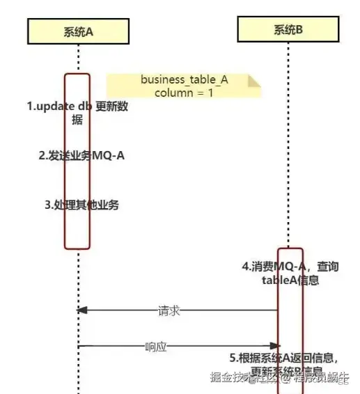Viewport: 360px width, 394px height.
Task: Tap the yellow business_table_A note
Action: (x=184, y=86)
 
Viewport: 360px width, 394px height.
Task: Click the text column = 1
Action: (x=184, y=93)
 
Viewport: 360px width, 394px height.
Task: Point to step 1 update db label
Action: (x=77, y=113)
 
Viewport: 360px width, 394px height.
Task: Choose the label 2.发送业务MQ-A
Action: (x=81, y=155)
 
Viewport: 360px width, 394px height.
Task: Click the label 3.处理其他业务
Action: (x=82, y=205)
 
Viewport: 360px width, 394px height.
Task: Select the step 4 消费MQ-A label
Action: (x=290, y=272)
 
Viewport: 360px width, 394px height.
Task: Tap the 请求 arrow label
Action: (x=169, y=311)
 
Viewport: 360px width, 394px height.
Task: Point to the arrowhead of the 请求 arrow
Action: (x=82, y=311)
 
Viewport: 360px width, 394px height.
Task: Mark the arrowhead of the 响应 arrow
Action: (x=274, y=345)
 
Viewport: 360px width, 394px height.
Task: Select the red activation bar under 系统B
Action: (x=290, y=320)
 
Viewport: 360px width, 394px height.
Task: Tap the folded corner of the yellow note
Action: (x=256, y=81)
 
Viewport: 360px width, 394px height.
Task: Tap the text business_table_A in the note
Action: (x=184, y=80)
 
